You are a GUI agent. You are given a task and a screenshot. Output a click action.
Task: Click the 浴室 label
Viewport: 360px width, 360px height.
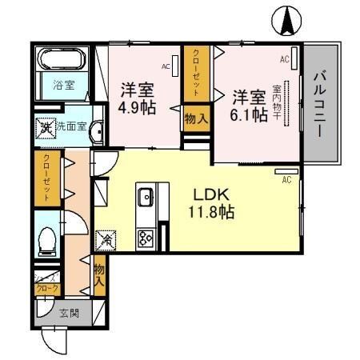click(63, 85)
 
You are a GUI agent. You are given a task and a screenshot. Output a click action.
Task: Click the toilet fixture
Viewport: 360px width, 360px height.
click(47, 238)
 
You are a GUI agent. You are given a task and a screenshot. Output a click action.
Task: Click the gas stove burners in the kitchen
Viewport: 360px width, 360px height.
click(146, 237)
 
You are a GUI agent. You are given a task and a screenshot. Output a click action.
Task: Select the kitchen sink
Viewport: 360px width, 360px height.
click(146, 197)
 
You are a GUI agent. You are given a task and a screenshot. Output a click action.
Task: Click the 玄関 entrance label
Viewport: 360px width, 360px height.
click(68, 313)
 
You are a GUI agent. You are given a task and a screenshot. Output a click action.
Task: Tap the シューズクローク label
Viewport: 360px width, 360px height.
click(46, 282)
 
